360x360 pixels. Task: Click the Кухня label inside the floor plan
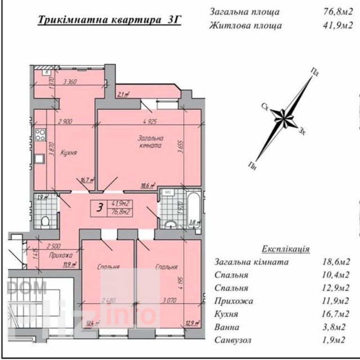[69, 153]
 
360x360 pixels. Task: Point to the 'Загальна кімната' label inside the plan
[150, 142]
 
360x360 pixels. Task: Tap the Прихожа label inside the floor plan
[60, 255]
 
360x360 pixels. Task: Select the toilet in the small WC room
[45, 220]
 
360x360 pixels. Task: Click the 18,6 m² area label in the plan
[149, 186]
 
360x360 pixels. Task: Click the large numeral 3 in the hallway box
[99, 208]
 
